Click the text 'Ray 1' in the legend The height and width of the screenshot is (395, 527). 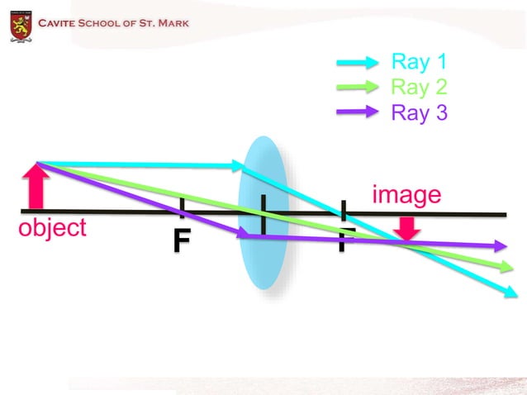(418, 61)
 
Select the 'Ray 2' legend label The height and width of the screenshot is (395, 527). (418, 87)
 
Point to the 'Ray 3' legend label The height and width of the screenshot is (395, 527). (419, 112)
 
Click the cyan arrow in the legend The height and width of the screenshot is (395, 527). (357, 62)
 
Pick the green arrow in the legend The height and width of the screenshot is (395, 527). (357, 88)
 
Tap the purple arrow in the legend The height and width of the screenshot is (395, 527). (357, 113)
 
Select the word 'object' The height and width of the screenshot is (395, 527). (52, 228)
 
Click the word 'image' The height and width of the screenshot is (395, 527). (406, 195)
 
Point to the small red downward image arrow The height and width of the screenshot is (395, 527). (406, 227)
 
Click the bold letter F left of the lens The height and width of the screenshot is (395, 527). (182, 240)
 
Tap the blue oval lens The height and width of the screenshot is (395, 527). (262, 215)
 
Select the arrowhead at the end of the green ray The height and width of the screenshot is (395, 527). (506, 267)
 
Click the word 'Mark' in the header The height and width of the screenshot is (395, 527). (171, 21)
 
